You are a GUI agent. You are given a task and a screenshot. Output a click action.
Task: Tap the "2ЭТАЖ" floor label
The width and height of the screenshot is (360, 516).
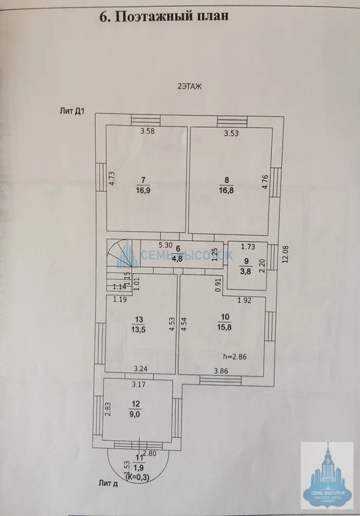[x=189, y=86]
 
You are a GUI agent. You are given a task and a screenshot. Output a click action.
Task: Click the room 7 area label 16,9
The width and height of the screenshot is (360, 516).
[x=142, y=190]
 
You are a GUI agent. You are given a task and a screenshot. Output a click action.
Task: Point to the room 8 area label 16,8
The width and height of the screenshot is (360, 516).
[x=226, y=190]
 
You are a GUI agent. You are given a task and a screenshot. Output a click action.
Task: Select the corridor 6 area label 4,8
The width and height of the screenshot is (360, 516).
[x=176, y=258]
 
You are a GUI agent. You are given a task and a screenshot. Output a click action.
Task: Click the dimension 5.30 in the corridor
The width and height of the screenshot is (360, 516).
[x=166, y=245]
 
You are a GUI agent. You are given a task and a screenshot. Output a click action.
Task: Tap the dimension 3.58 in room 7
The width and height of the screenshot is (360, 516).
[x=147, y=131]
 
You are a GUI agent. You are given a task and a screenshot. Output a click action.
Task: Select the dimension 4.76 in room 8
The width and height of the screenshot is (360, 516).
[x=266, y=183]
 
